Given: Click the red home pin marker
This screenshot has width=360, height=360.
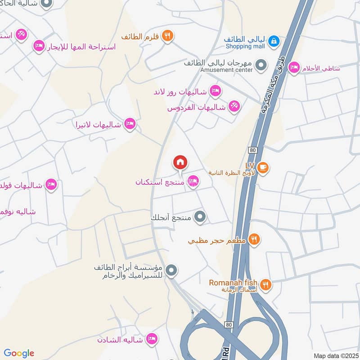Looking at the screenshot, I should (x=180, y=162).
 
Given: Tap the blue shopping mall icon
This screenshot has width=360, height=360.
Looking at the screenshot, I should (x=273, y=42).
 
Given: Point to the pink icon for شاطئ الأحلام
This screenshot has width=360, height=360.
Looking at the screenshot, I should (x=294, y=67).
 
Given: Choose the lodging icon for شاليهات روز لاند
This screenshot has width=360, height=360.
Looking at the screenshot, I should (x=216, y=91).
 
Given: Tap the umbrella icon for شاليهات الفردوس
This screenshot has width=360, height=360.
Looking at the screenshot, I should (x=234, y=107).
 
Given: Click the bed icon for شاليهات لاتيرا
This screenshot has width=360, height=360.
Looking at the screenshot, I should (x=130, y=124).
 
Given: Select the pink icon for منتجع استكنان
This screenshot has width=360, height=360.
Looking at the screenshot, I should (x=193, y=181).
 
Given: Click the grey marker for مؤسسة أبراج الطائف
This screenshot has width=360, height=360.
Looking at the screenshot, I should (x=171, y=271).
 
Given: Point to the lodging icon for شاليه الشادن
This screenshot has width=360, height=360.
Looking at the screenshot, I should (x=152, y=339).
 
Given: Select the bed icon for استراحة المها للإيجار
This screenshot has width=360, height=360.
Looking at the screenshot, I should (x=39, y=46).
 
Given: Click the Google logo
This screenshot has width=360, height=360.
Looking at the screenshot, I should (x=19, y=353).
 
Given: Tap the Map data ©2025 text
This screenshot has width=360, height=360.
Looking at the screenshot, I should (x=335, y=355).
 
